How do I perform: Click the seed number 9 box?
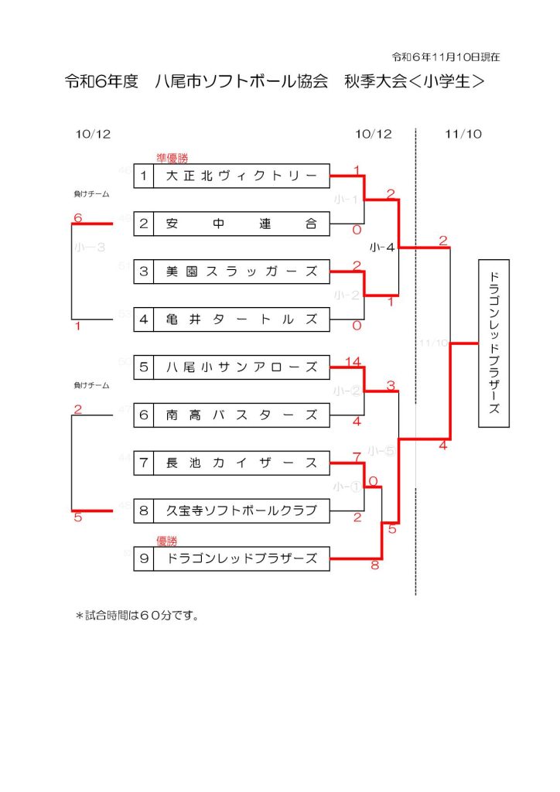click(x=144, y=558)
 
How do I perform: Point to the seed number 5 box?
click(x=144, y=367)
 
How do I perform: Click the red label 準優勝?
click(x=172, y=158)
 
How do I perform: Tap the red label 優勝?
click(x=167, y=541)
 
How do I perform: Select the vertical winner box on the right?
click(x=494, y=343)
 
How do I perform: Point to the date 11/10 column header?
click(x=463, y=134)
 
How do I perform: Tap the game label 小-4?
click(x=382, y=247)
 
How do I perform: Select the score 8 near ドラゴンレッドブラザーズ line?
click(x=375, y=566)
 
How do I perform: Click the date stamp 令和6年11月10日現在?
click(x=446, y=57)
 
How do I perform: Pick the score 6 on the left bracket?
click(x=77, y=218)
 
